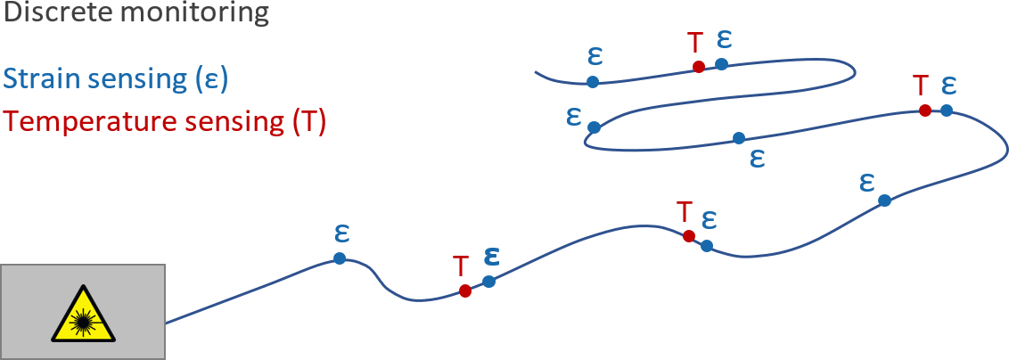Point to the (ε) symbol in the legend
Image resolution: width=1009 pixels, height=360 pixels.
[x=211, y=79]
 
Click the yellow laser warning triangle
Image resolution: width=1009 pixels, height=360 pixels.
[x=84, y=315]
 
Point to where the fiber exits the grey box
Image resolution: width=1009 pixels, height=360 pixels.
[x=166, y=323]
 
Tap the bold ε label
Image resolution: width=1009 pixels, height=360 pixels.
[x=490, y=256]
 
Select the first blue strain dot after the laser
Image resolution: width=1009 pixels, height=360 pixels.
[x=340, y=258]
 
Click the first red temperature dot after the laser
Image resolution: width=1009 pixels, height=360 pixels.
[x=464, y=290]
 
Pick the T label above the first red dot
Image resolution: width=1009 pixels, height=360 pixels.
[x=460, y=266]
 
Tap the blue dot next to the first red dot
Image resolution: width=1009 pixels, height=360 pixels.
[x=488, y=282]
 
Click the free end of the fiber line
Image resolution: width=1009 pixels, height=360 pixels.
[x=536, y=71]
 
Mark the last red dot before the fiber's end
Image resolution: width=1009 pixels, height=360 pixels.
[x=699, y=67]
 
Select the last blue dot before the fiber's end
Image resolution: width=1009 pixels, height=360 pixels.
[x=593, y=82]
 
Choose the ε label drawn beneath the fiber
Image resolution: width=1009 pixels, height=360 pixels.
[x=758, y=158]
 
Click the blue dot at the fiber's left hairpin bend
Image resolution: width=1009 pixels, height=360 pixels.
[x=595, y=127]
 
